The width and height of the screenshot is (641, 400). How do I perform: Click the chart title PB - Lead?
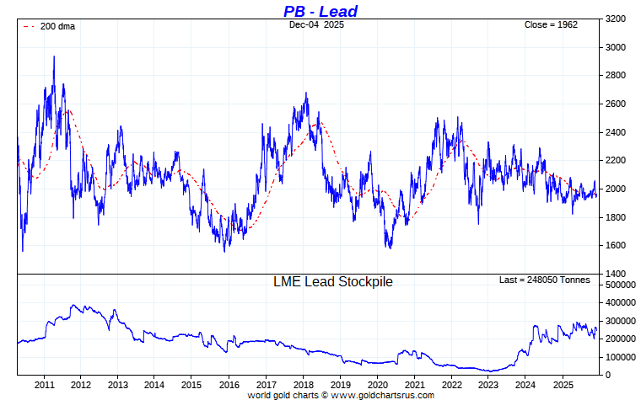[320, 11]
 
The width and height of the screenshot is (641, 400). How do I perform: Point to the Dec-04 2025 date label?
[316, 25]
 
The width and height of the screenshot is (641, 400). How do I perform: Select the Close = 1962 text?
[551, 25]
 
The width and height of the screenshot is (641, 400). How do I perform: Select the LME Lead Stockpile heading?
[332, 282]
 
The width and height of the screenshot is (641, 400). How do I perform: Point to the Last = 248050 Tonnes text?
[544, 280]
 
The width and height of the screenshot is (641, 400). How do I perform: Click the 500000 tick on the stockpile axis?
[620, 285]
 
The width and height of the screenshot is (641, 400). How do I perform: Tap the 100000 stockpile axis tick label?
[620, 357]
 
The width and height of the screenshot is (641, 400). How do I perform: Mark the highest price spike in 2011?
[54, 57]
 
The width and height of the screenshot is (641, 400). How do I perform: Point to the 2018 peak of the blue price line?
[306, 93]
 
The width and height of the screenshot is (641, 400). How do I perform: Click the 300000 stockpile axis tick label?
[620, 321]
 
